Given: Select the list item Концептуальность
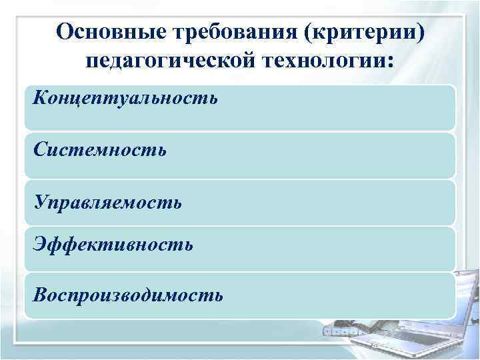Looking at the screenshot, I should pos(124,99).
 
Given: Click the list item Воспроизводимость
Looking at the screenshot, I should pos(127,294).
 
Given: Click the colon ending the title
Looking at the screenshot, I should pos(390,62).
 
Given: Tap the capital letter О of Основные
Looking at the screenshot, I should pos(65,32).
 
